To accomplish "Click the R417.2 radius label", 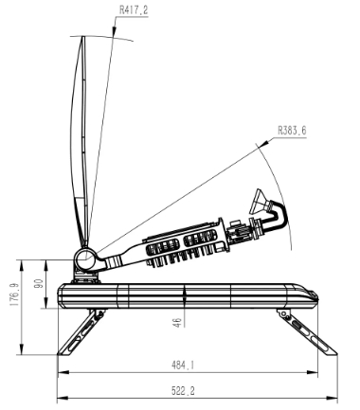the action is [x=134, y=10].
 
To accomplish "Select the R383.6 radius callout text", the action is [x=292, y=131].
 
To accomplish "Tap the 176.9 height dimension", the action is [x=14, y=294].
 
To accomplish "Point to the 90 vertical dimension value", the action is [x=40, y=283].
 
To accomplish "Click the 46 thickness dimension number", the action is [x=177, y=322].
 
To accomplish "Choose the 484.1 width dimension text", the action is [x=183, y=365].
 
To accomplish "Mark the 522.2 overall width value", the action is [x=183, y=391].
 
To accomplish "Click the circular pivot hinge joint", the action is [x=85, y=259].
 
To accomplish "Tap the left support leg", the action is [x=81, y=332].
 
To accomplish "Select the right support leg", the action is [x=306, y=332].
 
